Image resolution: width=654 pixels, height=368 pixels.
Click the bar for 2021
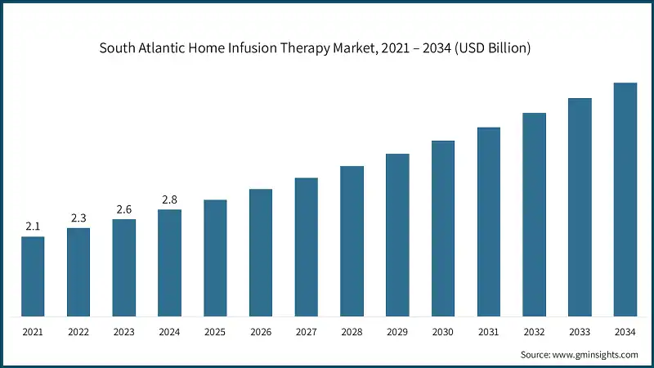pos(33,276)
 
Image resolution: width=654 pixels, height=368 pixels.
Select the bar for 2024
pos(169,263)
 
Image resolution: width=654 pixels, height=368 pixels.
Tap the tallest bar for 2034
pos(625,200)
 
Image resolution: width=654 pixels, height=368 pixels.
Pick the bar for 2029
pos(397,235)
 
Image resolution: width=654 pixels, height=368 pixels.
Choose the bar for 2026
pos(261,253)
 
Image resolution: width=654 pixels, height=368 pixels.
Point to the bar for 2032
pos(534,214)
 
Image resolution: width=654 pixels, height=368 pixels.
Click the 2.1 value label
pos(33,227)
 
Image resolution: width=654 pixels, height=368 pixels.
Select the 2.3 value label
pos(78,218)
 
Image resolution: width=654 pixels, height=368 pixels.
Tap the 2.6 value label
pos(124,209)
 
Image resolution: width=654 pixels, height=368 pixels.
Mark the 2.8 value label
pos(169,200)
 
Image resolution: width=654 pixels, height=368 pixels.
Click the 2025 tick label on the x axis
pos(215,332)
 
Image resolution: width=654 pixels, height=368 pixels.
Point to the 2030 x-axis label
pos(443,332)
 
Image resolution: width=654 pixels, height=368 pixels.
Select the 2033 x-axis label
pos(580,332)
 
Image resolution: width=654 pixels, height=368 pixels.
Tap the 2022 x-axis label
pos(78,332)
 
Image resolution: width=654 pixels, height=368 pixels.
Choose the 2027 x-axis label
pos(307,332)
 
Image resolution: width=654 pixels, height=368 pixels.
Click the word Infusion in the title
pos(271,48)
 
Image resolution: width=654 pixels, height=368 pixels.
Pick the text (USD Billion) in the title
pos(490,48)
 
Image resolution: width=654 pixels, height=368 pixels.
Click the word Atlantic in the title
pos(166,48)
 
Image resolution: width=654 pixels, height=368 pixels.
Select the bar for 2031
pos(489,222)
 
